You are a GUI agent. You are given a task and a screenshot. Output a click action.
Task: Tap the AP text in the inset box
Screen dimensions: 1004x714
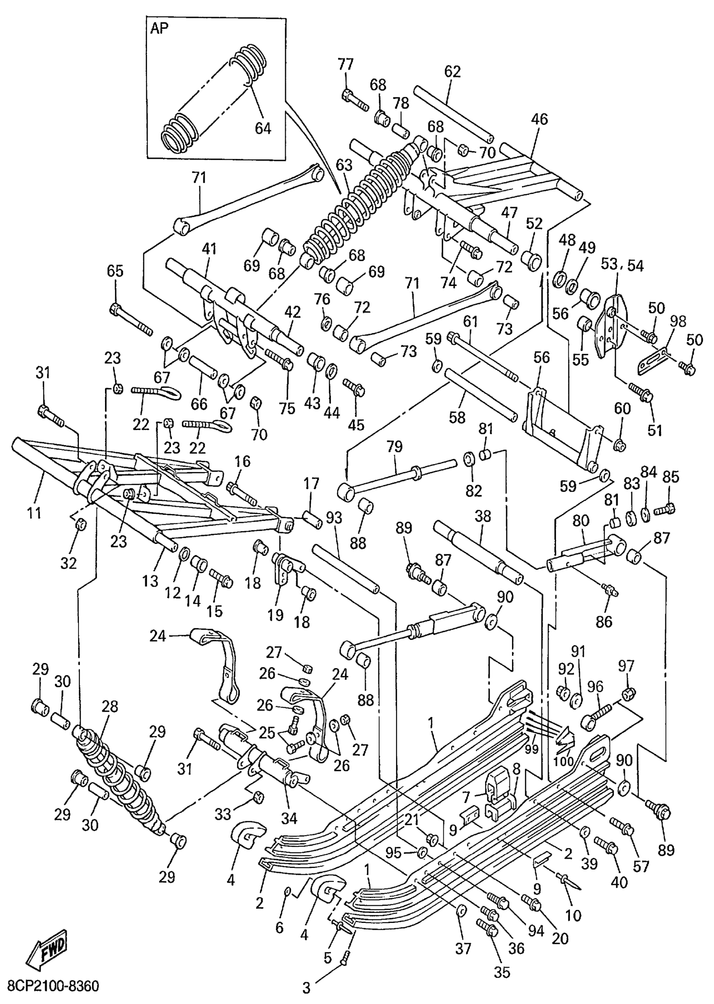pyautogui.click(x=160, y=29)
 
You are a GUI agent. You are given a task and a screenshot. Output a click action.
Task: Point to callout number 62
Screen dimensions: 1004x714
pyautogui.click(x=452, y=71)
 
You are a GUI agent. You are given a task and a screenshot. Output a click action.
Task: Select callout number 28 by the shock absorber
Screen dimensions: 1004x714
pyautogui.click(x=110, y=706)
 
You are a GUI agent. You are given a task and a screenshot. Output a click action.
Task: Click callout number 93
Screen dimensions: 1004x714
pyautogui.click(x=334, y=519)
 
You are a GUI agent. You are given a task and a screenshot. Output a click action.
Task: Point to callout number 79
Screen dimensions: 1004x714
pyautogui.click(x=394, y=447)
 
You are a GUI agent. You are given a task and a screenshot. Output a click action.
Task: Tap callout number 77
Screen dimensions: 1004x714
pyautogui.click(x=345, y=65)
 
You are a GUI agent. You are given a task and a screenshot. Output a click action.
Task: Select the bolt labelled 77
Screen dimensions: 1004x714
pyautogui.click(x=354, y=100)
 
